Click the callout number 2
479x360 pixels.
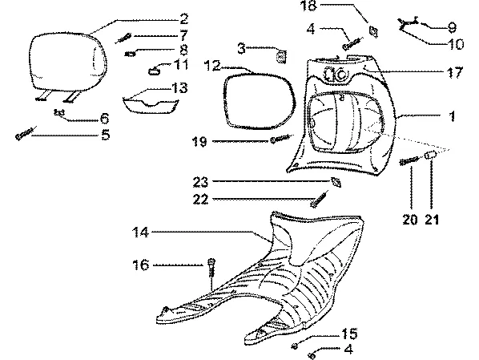[x=184, y=19]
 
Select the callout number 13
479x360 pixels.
[x=179, y=87]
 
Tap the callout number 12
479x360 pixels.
[x=212, y=65]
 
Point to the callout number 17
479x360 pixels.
[x=455, y=72]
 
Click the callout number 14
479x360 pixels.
[x=140, y=233]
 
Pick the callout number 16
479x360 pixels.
[x=140, y=265]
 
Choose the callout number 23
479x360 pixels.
[x=200, y=182]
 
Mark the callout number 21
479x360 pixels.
[x=432, y=220]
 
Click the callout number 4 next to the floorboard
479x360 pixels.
[x=348, y=349]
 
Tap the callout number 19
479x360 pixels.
[x=199, y=142]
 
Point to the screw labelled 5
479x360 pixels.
[x=26, y=133]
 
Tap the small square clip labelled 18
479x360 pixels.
[x=373, y=31]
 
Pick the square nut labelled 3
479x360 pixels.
[x=281, y=57]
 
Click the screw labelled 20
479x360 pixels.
[x=409, y=160]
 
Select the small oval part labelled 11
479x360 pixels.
[x=153, y=71]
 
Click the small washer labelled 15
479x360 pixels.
[x=295, y=346]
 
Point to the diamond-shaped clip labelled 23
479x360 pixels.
[x=336, y=182]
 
